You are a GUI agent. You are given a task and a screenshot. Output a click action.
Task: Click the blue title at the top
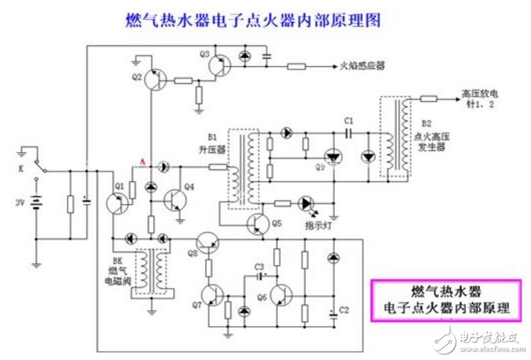coord(253,20)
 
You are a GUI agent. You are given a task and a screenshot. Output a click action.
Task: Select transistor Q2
coord(155,79)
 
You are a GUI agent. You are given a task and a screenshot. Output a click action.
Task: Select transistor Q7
coord(214,296)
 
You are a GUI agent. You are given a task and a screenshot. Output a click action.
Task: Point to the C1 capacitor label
coord(348,120)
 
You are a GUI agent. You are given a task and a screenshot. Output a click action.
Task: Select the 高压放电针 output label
coord(481,99)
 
